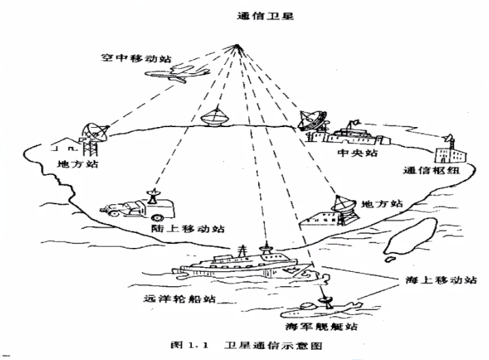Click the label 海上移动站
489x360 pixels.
point(435,280)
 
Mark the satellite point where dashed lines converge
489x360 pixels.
point(237,46)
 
